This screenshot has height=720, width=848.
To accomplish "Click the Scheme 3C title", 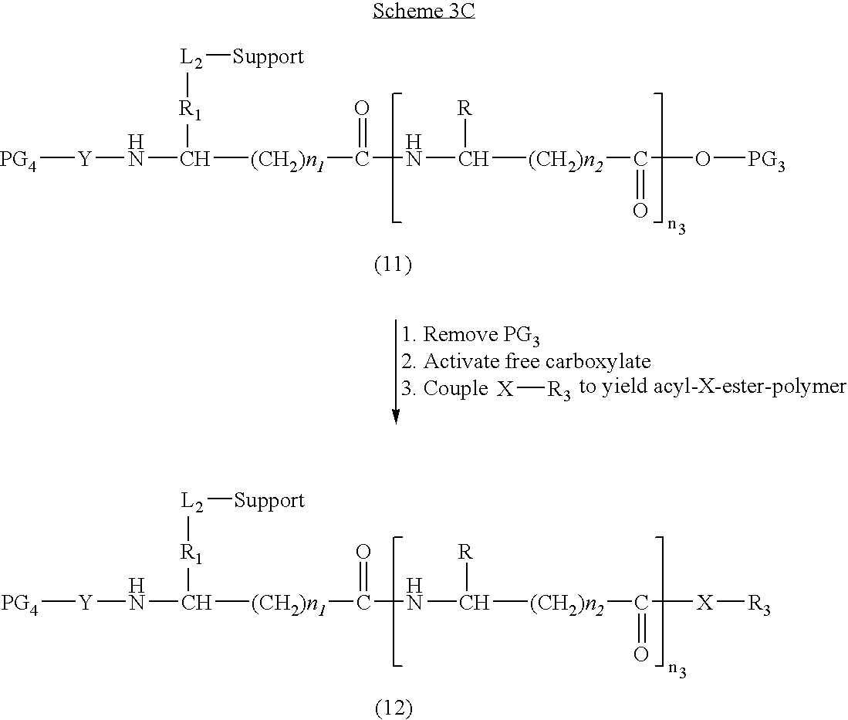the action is point(424,11).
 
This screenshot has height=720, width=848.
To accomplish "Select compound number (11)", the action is point(394,265).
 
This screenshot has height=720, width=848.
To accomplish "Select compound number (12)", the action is point(394,708).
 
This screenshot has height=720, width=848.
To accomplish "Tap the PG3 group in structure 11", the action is point(766,161).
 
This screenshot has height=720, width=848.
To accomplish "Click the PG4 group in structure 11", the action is point(19,161).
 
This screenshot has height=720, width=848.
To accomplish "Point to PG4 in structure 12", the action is point(19,603).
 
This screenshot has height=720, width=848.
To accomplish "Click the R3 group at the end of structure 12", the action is point(759,603).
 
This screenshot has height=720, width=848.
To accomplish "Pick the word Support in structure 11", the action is point(269,57).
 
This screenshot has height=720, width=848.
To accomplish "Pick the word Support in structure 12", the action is point(269,501).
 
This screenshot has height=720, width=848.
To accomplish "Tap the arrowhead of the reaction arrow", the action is point(396,415).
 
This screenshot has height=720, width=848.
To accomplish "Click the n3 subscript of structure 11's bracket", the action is point(677,227).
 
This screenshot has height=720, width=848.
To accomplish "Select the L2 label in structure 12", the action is point(192,502).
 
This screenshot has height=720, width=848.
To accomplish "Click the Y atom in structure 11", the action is point(85,160).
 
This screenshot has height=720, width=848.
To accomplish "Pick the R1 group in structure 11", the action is point(190,111).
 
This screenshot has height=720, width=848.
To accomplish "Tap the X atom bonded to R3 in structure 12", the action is point(704,603).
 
